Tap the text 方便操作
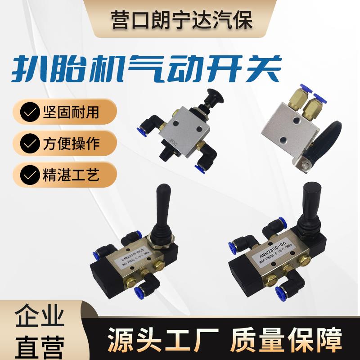(71, 144)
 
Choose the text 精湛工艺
(71, 174)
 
